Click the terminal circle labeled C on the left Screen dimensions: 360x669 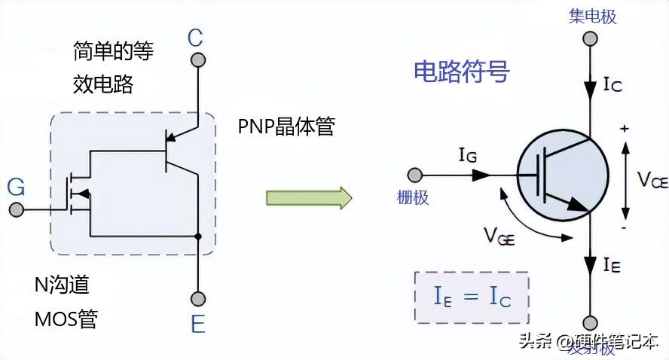point(197,59)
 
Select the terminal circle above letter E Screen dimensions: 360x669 point(197,298)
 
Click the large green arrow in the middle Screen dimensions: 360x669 point(309,197)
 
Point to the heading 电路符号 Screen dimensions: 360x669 point(462,72)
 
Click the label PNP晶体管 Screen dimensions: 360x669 point(286,127)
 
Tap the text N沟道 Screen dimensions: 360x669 point(62,285)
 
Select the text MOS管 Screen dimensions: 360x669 point(66,319)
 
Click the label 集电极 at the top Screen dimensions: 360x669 point(593,16)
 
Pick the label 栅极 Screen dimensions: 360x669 point(413,197)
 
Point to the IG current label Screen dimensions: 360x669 point(468,156)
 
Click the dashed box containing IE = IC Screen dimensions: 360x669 point(472,297)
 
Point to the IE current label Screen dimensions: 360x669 point(612,264)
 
